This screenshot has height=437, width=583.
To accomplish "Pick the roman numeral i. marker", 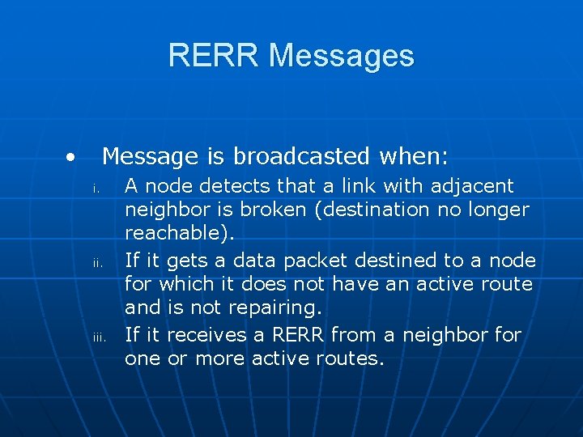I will pos(95,189).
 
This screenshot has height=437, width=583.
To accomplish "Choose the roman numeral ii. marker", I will pos(95,263).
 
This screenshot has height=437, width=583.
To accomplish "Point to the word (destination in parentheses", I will pos(376,210).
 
